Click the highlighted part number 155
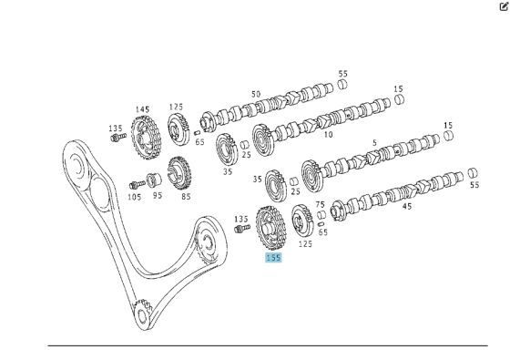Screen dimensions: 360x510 [x=273, y=258]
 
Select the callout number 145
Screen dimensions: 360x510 [x=143, y=109]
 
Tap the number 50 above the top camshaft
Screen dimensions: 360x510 [x=256, y=94]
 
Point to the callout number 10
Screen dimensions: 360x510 [x=328, y=135]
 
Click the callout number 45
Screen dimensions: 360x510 [x=406, y=206]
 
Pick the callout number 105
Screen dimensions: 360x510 [x=135, y=196]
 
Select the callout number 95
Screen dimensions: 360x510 [x=158, y=196]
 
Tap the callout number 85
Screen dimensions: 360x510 [x=186, y=196]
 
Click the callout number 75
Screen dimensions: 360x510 [x=320, y=205]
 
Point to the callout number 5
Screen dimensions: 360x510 [x=374, y=143]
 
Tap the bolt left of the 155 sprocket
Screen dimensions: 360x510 [x=241, y=230]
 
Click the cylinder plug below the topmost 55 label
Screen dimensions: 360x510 [x=343, y=85]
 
